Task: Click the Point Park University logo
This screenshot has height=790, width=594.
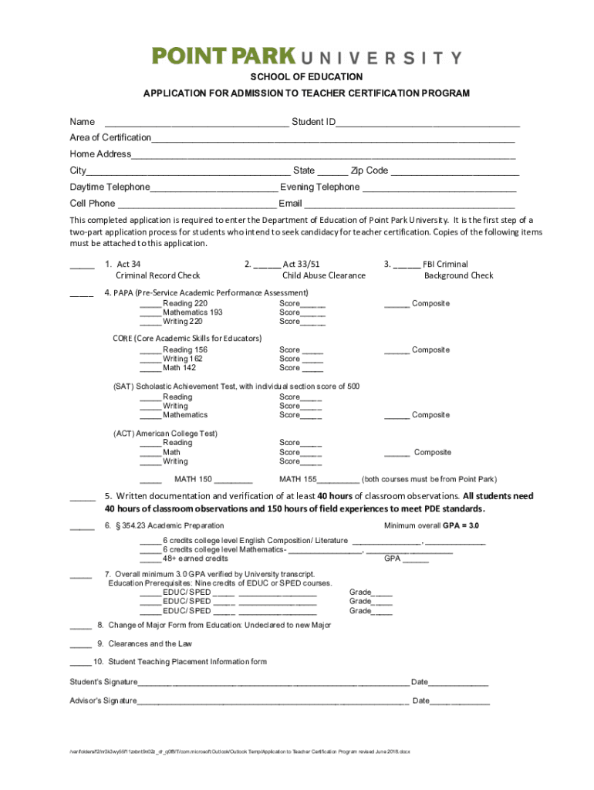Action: tap(306, 56)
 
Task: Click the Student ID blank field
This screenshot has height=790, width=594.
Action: tap(427, 123)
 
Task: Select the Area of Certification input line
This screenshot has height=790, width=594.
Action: tap(332, 140)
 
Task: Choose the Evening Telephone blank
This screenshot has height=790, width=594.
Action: tap(439, 189)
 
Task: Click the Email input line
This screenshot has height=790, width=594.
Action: tap(409, 205)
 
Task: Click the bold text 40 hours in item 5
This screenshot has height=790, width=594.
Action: tap(335, 496)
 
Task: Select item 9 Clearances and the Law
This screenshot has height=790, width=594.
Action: tap(150, 643)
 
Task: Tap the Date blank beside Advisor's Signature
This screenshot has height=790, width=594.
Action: tap(460, 703)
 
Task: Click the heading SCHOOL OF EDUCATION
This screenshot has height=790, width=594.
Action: tap(305, 77)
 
